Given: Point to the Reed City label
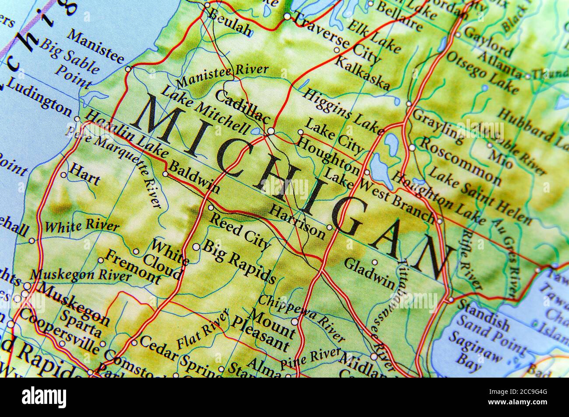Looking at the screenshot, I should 239,230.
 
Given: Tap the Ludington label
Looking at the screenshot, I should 39,97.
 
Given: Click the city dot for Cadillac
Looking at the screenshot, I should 271,131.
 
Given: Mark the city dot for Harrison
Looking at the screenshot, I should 330,227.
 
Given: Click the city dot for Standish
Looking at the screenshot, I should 451,300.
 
